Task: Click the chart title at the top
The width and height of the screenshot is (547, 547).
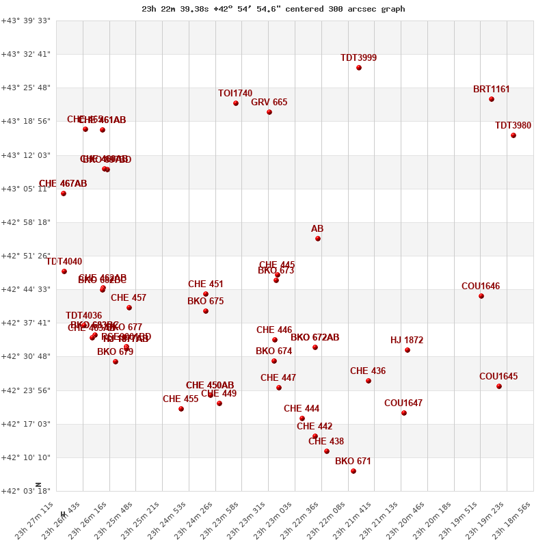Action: [273, 9]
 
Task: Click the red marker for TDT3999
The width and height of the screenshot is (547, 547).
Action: [359, 68]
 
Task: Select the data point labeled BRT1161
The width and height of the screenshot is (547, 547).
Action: [492, 99]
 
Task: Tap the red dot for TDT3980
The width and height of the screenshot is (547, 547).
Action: [513, 135]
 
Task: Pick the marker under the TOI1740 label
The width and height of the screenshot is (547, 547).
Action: [236, 103]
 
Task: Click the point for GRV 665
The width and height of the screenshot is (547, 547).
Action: [269, 112]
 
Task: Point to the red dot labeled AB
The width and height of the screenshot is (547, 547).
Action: [318, 239]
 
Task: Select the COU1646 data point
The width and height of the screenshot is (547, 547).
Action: [481, 296]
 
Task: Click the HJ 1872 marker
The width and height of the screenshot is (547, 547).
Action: [408, 350]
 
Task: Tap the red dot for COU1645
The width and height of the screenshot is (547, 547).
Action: [499, 386]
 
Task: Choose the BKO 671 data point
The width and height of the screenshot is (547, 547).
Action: [353, 471]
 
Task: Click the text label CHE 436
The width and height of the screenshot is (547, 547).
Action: [368, 371]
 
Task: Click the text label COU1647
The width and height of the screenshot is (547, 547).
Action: [403, 403]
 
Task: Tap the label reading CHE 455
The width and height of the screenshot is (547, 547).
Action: [181, 399]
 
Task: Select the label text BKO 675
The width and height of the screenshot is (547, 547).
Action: [205, 302]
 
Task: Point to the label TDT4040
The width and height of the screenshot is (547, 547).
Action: [64, 262]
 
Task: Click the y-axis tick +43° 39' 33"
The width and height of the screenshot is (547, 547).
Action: [26, 21]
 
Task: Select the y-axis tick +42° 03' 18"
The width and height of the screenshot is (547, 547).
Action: [26, 491]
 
